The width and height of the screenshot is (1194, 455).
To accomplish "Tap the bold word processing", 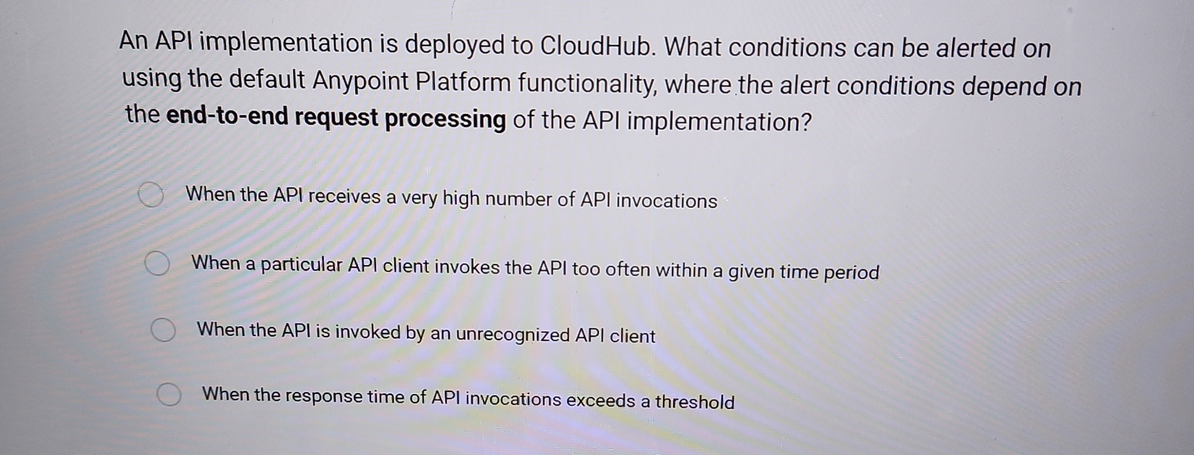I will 445,119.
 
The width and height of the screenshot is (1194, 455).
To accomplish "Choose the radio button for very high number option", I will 150,195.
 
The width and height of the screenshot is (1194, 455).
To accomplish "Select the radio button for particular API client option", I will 157,263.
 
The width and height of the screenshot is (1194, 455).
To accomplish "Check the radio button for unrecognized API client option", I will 164,330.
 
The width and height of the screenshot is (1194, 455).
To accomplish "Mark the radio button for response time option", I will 169,395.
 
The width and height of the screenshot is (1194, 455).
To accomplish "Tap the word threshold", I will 695,402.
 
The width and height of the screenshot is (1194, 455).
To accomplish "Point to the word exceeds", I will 601,400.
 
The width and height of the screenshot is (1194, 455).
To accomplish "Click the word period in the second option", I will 851,273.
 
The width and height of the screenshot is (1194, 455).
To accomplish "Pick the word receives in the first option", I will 345,197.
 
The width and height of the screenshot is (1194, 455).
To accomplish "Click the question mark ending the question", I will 807,123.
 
